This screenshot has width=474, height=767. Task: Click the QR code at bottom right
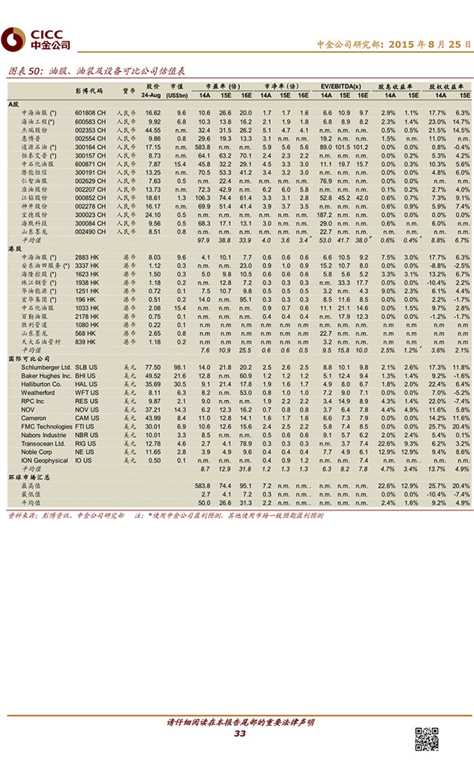426,739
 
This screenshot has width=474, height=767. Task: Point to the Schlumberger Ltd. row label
46,366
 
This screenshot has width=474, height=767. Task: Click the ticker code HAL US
85,384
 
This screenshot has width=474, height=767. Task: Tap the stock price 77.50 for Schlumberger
153,366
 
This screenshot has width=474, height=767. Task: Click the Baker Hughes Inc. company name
46,375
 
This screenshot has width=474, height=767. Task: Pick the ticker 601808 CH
90,112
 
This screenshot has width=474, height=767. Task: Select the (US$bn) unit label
177,95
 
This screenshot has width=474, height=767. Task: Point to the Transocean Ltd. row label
43,443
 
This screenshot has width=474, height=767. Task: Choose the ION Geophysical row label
45,460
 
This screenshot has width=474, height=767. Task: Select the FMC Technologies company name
47,426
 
